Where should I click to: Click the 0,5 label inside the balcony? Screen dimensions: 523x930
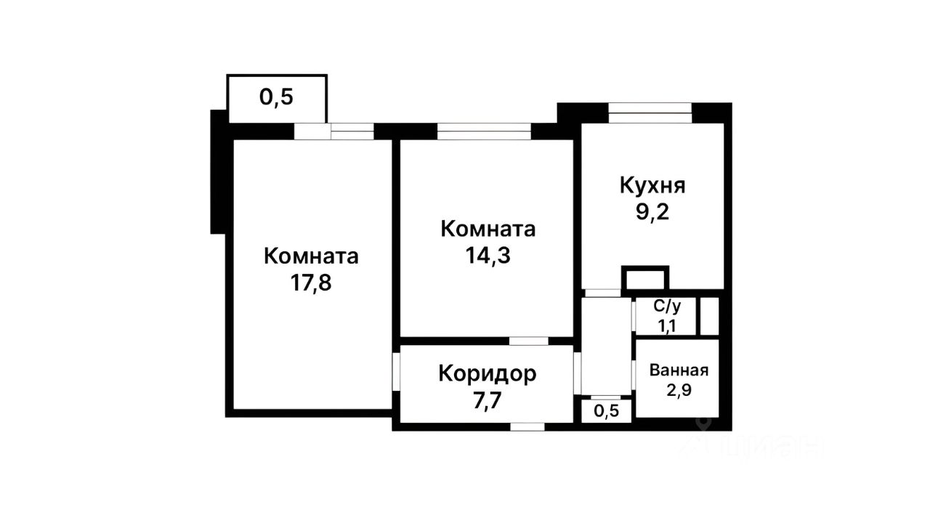click(x=276, y=97)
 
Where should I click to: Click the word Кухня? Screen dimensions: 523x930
click(x=652, y=185)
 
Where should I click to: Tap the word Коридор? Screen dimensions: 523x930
click(x=488, y=373)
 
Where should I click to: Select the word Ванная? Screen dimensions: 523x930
click(x=678, y=369)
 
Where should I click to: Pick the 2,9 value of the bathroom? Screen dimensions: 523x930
click(x=678, y=389)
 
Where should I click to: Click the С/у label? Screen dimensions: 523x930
click(x=666, y=308)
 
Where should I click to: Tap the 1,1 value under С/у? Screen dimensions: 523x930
click(x=666, y=326)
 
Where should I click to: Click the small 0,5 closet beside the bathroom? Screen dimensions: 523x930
click(x=607, y=411)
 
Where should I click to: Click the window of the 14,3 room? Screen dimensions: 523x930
click(x=484, y=131)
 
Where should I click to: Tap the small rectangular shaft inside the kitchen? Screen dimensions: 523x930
click(x=644, y=278)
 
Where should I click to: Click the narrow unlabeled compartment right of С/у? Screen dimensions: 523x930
click(x=709, y=316)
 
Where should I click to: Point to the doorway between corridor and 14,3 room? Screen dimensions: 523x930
click(x=528, y=341)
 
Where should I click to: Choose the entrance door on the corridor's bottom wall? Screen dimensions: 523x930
click(x=528, y=426)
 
